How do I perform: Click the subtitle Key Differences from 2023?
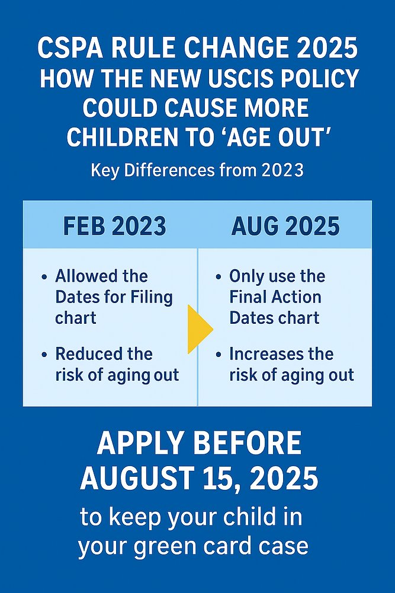(197, 171)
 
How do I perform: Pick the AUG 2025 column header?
(285, 227)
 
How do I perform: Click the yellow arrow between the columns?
(200, 329)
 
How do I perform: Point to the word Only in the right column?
(245, 276)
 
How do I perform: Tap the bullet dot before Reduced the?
(44, 355)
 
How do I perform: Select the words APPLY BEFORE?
(198, 444)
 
